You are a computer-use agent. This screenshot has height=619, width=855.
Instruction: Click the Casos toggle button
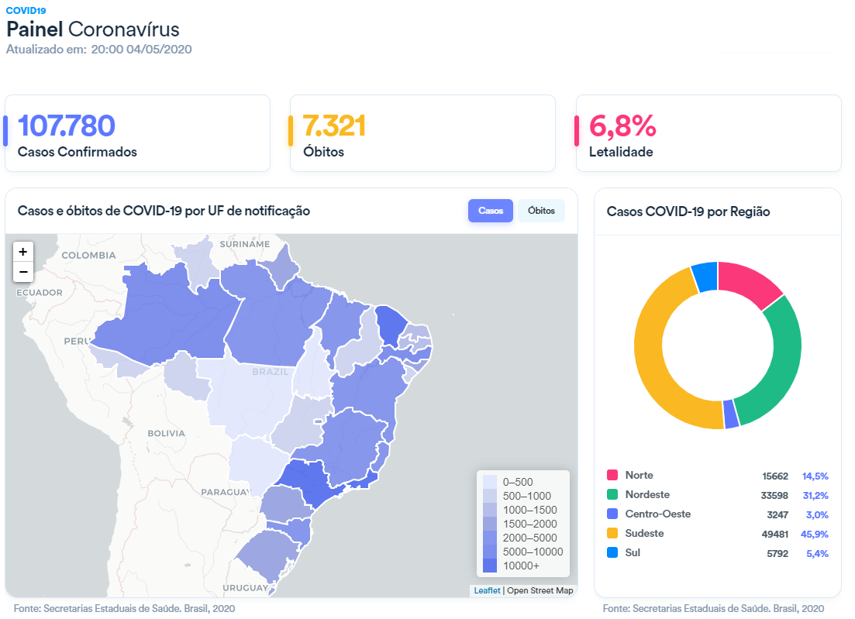pos(490,211)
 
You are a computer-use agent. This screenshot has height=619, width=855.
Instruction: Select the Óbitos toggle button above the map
pos(541,211)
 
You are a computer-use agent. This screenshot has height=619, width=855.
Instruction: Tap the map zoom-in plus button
pos(23,252)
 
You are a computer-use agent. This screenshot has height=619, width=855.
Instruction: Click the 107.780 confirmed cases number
pos(66,126)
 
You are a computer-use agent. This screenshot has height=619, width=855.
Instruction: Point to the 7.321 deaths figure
pos(334,126)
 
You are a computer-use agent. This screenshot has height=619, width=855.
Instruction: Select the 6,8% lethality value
pos(622,126)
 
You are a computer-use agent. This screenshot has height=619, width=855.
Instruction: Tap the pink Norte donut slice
pos(748,284)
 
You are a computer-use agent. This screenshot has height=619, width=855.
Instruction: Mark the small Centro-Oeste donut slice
pos(730,414)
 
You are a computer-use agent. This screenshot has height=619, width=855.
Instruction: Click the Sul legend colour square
pos(612,552)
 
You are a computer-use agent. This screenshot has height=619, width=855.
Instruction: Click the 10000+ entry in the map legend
pos(521,566)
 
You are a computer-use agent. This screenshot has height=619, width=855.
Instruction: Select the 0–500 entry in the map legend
pos(518,482)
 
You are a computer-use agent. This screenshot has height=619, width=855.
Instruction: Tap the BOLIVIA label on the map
pos(167,433)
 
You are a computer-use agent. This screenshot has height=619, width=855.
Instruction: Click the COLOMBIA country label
pos(88,255)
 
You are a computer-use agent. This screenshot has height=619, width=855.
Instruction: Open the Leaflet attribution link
pos(487,590)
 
